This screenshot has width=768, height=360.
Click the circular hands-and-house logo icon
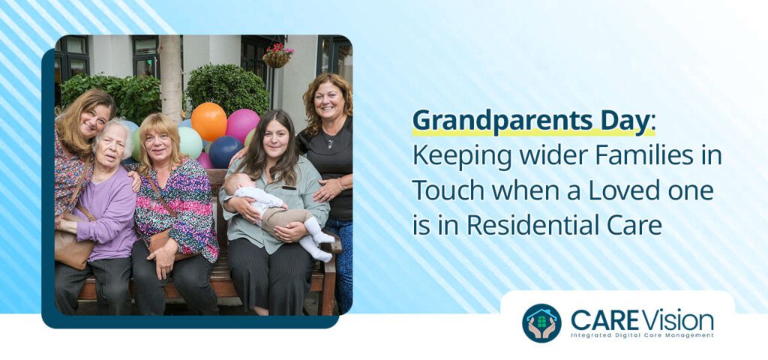click(x=541, y=322)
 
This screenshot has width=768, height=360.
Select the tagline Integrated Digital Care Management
click(x=642, y=335)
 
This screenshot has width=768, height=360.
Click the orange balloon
click(x=208, y=121)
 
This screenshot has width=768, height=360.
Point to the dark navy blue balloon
click(x=224, y=151)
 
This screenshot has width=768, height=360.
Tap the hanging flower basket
click(x=277, y=56)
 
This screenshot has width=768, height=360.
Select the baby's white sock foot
click(x=320, y=253)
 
